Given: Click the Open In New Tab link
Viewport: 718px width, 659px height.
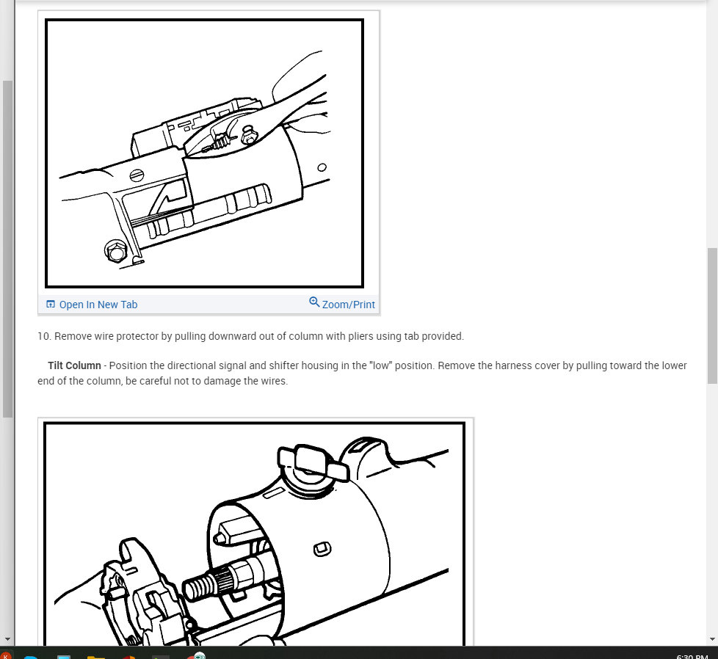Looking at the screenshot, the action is pyautogui.click(x=98, y=305).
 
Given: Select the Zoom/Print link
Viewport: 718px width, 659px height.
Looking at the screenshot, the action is pyautogui.click(x=349, y=305).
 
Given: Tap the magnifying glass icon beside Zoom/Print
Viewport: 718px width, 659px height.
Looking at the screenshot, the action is pyautogui.click(x=314, y=302).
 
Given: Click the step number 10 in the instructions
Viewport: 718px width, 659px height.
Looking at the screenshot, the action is pyautogui.click(x=43, y=336).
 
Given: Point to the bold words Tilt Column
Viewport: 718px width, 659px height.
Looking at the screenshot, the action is pyautogui.click(x=74, y=365).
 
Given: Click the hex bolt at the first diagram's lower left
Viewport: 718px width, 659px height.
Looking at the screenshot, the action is pyautogui.click(x=116, y=252).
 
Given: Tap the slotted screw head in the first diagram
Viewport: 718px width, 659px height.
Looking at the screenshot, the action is pyautogui.click(x=137, y=175).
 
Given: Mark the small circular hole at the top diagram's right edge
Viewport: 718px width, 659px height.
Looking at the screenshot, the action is pyautogui.click(x=322, y=167).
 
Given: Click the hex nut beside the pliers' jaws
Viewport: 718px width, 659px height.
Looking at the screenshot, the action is pyautogui.click(x=249, y=135).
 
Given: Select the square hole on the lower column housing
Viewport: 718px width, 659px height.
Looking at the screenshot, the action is pyautogui.click(x=322, y=549).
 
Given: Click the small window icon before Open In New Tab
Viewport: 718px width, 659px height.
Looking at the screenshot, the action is pyautogui.click(x=51, y=305).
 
